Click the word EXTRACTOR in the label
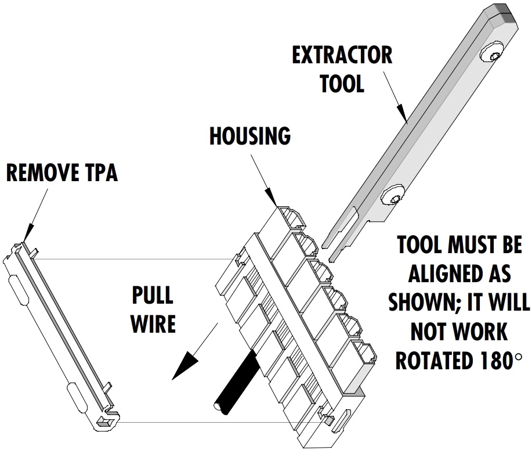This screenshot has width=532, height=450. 342,56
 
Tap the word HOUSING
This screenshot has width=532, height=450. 250,136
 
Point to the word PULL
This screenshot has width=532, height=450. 153,296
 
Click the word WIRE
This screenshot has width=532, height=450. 153,323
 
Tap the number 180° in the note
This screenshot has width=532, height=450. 501,361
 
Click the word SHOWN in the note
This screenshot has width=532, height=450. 423,301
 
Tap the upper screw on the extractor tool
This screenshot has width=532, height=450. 491,52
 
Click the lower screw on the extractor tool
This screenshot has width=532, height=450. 393,195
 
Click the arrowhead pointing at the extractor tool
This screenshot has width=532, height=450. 401,113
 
